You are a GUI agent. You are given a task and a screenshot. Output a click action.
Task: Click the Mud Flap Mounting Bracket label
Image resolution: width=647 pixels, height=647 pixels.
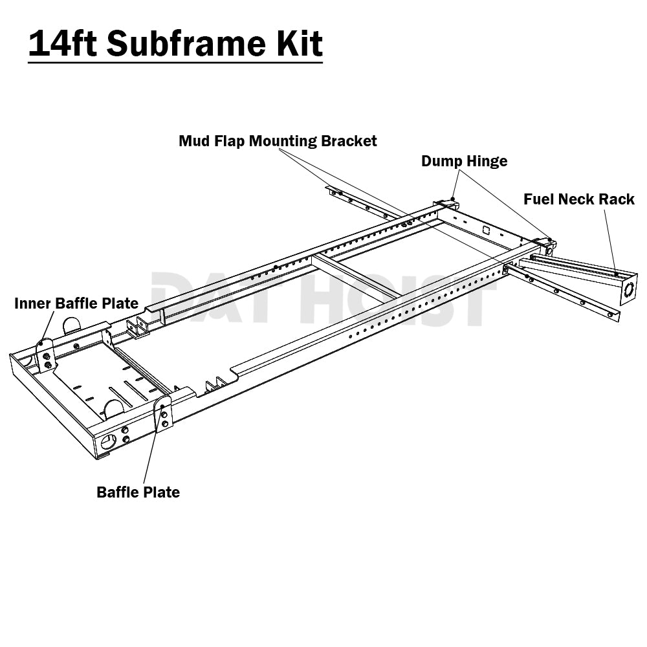278,141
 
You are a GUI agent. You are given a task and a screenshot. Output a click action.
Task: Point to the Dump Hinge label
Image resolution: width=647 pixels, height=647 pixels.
464,161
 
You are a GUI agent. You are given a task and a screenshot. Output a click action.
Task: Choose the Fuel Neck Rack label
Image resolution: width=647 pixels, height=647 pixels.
579,199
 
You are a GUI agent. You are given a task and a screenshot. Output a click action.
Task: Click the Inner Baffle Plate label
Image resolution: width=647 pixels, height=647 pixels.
76,303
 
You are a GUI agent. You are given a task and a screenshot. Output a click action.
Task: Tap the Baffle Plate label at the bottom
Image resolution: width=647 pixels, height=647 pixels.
138,492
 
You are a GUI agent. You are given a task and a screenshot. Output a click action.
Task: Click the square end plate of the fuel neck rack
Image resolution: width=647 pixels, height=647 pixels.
628,290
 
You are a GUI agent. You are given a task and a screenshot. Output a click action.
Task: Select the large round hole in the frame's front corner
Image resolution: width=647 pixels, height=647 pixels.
109,442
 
